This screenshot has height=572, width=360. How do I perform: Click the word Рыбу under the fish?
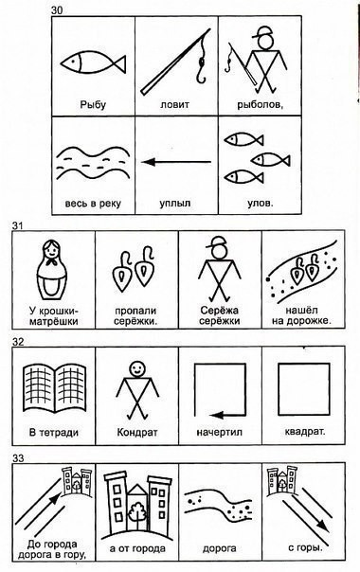pyautogui.click(x=93, y=105)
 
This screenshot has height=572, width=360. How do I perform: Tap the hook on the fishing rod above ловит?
pyautogui.click(x=201, y=70)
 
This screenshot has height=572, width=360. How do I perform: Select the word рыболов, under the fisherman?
pyautogui.click(x=261, y=105)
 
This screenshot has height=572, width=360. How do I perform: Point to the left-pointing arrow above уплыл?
pyautogui.click(x=176, y=162)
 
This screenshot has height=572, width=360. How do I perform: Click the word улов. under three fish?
pyautogui.click(x=261, y=204)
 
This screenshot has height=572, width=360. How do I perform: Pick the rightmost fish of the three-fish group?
pyautogui.click(x=271, y=160)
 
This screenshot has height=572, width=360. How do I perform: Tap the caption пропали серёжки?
pyautogui.click(x=135, y=316)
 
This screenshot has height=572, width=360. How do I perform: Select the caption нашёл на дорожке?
pyautogui.click(x=301, y=316)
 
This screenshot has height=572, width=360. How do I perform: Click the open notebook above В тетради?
pyautogui.click(x=55, y=389)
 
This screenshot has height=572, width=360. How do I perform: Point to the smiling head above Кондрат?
pyautogui.click(x=137, y=368)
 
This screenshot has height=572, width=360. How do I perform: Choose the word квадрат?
pyautogui.click(x=305, y=432)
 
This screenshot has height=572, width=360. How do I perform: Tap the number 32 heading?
pyautogui.click(x=18, y=342)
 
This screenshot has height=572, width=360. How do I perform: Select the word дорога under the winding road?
pyautogui.click(x=220, y=548)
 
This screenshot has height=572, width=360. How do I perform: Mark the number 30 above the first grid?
pyautogui.click(x=57, y=10)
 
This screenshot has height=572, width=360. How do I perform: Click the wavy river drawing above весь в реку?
pyautogui.click(x=93, y=163)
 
